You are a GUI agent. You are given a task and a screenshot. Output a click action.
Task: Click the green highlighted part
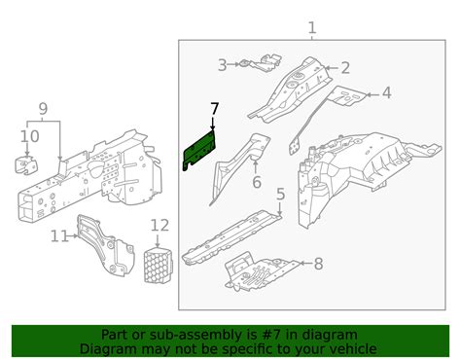tap(199, 149)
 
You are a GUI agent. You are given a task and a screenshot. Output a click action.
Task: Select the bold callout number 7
tap(214, 109)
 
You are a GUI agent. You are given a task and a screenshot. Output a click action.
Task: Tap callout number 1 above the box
tap(311, 28)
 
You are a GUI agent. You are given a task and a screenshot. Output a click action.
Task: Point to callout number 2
tap(345, 68)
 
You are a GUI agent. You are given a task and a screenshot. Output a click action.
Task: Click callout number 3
tap(222, 65)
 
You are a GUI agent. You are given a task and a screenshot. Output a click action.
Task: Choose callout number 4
tap(386, 93)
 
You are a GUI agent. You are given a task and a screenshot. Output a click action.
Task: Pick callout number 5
tap(281, 194)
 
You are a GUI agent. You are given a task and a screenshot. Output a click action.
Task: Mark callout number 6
tap(257, 182)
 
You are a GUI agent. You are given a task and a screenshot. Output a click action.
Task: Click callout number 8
tap(318, 264)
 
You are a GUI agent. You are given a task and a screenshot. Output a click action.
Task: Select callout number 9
tap(43, 109)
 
